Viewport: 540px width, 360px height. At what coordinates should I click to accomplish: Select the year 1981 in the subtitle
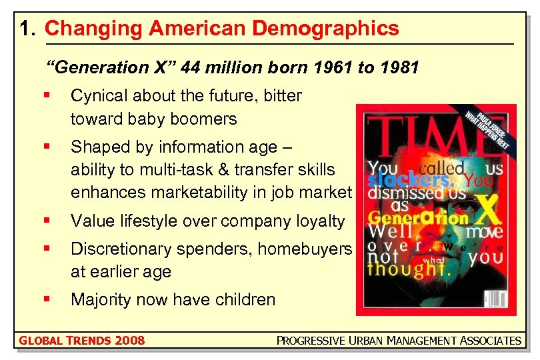[399, 67]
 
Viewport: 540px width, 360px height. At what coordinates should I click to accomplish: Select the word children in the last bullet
[245, 299]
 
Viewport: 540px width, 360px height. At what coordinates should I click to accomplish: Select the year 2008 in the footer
[129, 341]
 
